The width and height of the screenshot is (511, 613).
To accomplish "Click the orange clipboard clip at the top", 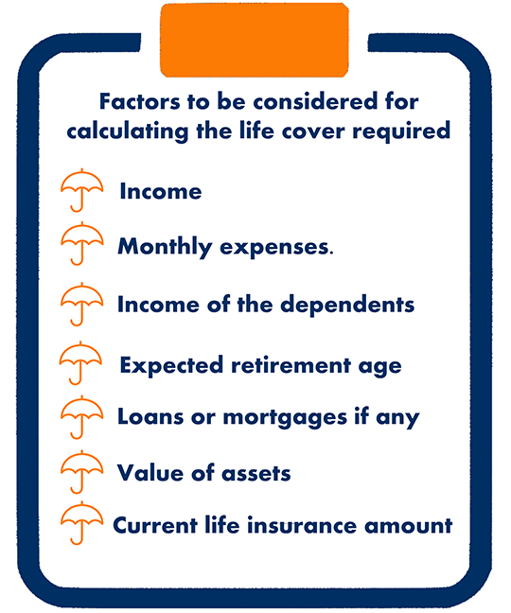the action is point(255,40).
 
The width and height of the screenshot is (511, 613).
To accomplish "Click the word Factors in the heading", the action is point(140,101).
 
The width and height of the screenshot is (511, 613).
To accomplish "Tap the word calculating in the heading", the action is point(128,131).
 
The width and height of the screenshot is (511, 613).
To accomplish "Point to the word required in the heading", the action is point(401,131).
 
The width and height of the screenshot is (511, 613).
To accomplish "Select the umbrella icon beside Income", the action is point(81,190).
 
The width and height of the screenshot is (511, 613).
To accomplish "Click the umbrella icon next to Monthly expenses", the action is point(81,243).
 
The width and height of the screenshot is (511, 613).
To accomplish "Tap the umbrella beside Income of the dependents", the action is point(81,305).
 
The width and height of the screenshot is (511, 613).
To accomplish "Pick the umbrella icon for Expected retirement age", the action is point(80,363).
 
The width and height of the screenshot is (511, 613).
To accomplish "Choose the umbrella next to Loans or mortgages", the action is point(81,417).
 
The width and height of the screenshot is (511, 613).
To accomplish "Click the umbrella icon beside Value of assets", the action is point(81,472).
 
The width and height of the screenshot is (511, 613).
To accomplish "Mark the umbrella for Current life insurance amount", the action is point(81,523).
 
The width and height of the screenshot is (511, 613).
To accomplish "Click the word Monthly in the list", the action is point(165,248).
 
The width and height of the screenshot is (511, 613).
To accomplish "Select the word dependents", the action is point(347,305).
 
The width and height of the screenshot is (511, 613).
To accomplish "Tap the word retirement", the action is point(291,365).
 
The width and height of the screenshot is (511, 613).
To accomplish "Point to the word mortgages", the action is point(285,418).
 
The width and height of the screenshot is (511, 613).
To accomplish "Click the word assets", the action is point(256,473).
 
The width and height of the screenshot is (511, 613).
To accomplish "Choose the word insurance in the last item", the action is point(302,525).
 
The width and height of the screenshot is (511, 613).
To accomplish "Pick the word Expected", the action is point(171,366).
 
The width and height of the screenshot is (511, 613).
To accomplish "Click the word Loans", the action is point(150,417).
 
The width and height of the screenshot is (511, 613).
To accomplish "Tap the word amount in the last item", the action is point(409,526).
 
